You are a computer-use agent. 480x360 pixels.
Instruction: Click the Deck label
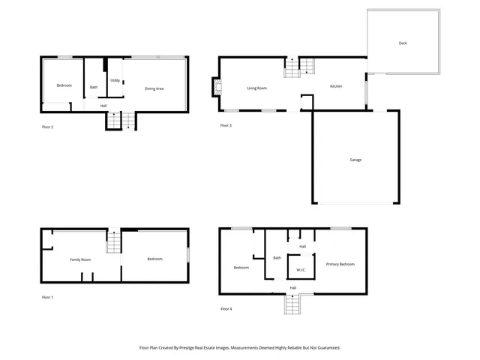[x=403, y=43]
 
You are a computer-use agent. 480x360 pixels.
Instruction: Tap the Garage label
[x=355, y=160]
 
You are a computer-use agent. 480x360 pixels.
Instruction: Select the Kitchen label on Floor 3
[x=336, y=86]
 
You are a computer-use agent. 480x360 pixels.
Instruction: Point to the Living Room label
[x=257, y=88]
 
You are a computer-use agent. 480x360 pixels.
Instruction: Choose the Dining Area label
[x=154, y=89]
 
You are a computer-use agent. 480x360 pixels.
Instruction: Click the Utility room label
[x=115, y=80]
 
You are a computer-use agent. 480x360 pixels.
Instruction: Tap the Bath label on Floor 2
[x=94, y=88]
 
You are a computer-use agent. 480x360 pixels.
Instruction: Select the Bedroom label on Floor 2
[x=64, y=85]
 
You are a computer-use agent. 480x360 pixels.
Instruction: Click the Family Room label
[x=80, y=259]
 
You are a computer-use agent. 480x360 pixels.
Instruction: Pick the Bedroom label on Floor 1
[x=154, y=259]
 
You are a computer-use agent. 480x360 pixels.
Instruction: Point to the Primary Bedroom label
[x=340, y=264]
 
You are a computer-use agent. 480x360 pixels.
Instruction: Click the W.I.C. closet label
[x=301, y=270]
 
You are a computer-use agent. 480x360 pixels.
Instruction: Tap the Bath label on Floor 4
[x=277, y=258]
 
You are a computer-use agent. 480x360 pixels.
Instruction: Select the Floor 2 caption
[x=48, y=127]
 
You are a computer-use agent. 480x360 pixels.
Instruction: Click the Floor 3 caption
[x=226, y=125]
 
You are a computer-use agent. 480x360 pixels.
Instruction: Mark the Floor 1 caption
[x=48, y=298]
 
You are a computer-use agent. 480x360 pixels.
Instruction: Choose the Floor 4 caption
[x=226, y=309]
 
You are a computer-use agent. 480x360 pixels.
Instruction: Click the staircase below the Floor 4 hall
[x=292, y=304]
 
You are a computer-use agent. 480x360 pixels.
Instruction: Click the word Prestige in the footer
[x=196, y=348]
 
